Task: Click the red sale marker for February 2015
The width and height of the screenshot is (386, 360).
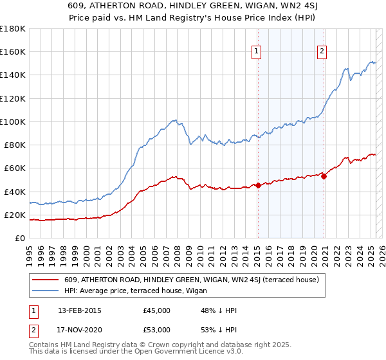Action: click(258, 185)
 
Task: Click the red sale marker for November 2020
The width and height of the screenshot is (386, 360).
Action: click(324, 177)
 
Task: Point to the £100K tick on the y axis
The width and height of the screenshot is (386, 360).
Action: click(12, 122)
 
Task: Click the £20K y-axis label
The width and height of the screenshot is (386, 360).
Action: click(14, 215)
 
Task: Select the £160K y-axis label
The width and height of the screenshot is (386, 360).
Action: click(12, 51)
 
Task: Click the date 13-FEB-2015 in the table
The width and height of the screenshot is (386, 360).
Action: click(79, 310)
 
